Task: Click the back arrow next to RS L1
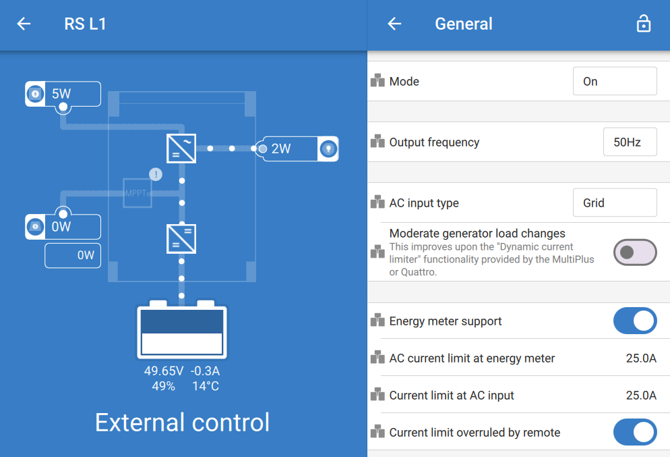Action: point(24,24)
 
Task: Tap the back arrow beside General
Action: point(394,24)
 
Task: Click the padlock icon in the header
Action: point(644,24)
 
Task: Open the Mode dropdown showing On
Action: point(615,81)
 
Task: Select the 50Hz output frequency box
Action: point(630,142)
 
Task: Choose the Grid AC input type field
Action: point(615,203)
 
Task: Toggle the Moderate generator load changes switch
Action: point(635,252)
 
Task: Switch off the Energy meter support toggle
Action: point(635,321)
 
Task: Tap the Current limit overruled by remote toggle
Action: point(635,432)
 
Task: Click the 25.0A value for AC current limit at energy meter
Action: point(641,358)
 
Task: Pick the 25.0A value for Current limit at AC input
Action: point(641,396)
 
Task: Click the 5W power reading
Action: point(61,94)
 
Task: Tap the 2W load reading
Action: point(280,149)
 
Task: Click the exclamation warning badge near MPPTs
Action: point(156,174)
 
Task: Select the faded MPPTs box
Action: point(137,193)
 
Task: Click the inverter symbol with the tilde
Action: point(181,149)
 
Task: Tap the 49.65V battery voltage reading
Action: point(164,371)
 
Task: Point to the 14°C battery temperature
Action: point(206,386)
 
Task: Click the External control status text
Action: point(183,423)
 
